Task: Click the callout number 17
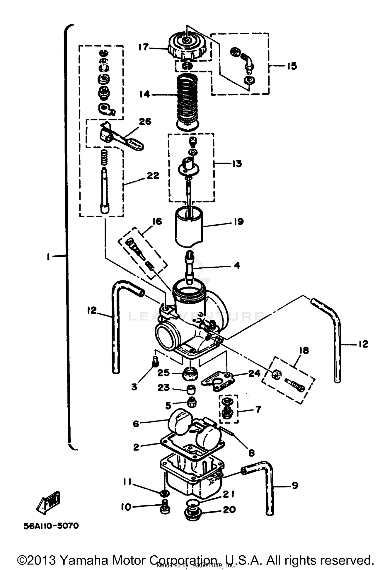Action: (x=143, y=47)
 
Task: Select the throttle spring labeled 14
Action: (x=187, y=99)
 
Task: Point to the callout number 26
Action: (x=145, y=122)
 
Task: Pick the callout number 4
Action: (x=237, y=266)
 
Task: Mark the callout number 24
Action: (x=254, y=373)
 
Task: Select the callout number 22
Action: (x=153, y=175)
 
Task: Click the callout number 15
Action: (x=292, y=66)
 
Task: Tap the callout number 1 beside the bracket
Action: (x=48, y=257)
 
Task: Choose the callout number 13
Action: (x=237, y=164)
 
